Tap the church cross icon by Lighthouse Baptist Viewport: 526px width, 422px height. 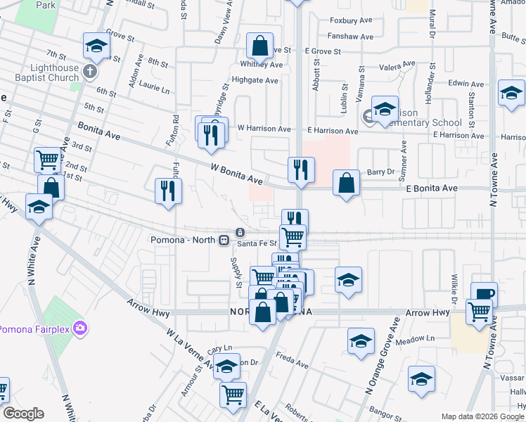click(89, 71)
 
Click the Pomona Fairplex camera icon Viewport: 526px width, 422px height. click(82, 328)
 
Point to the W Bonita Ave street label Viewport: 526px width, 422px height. click(236, 174)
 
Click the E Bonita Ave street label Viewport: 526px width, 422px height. click(431, 188)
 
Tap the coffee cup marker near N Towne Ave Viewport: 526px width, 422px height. click(484, 294)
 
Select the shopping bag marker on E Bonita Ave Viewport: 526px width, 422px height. click(347, 184)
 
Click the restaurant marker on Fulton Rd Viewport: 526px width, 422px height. click(169, 191)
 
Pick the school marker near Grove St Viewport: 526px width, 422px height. click(96, 46)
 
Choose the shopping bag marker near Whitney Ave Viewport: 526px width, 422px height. click(259, 46)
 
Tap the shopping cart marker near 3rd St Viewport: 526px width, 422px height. click(48, 160)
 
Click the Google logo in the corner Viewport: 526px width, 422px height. click(23, 414)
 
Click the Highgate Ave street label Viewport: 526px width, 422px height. click(255, 80)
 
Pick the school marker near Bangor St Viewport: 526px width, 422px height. click(422, 380)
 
